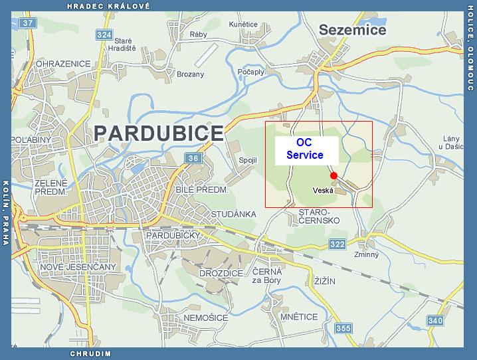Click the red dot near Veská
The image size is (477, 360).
[x=334, y=175]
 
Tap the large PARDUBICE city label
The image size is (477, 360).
[x=159, y=132]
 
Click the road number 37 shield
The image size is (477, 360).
[x=27, y=23]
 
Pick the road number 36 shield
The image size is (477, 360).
[x=193, y=158]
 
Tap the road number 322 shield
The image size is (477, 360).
[x=337, y=245]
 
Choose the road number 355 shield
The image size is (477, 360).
[x=343, y=327]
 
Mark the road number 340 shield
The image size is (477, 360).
[x=435, y=321]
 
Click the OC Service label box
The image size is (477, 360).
[x=305, y=149]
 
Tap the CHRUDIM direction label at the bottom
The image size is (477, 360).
[x=90, y=353]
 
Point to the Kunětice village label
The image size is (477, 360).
[x=242, y=24]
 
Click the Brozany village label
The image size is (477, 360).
[x=191, y=74]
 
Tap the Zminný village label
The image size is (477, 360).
[x=367, y=254]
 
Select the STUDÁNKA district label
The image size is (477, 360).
[x=233, y=214]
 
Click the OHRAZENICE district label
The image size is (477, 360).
[x=45, y=64]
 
